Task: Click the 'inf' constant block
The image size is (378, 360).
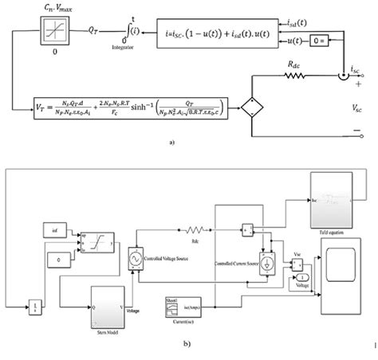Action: [49, 230]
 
